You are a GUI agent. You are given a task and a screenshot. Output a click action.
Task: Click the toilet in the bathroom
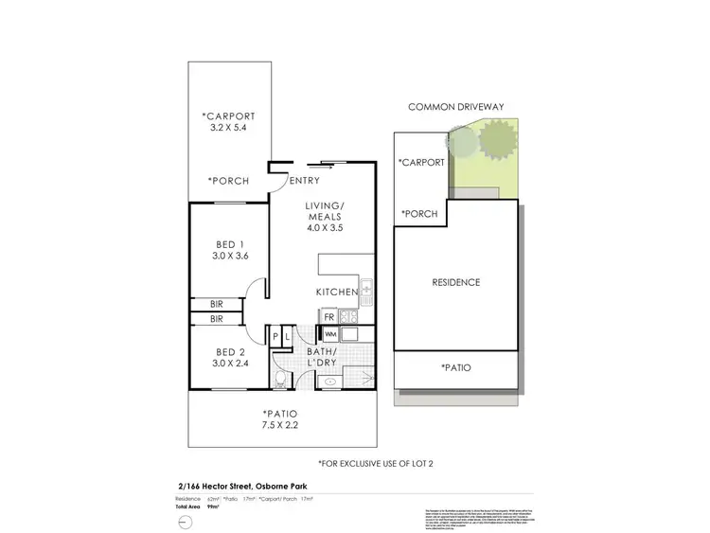coord(281,380)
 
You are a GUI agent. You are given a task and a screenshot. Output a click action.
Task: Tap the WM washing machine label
coord(331,334)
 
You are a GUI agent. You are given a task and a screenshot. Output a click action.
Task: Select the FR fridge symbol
coord(328,317)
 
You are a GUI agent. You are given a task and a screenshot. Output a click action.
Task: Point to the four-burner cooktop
coord(347,317)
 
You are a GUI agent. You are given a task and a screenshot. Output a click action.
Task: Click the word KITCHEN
coord(337,292)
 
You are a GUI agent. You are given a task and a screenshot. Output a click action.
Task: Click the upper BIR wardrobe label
coord(216,305)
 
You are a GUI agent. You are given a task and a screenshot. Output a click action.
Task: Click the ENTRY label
coord(304,181)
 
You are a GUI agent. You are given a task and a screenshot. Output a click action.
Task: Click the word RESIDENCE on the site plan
coord(456,282)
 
